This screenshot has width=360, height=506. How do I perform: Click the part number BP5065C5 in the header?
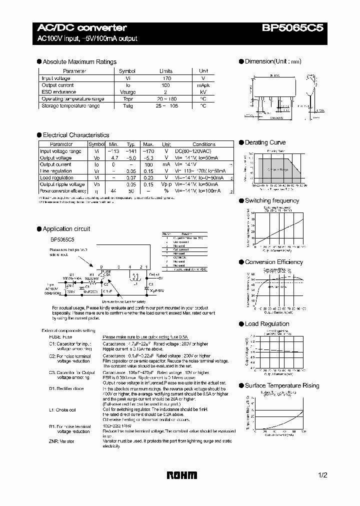(293, 28)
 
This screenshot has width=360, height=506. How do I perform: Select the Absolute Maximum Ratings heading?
(79, 62)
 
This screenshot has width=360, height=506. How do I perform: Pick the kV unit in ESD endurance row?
(203, 92)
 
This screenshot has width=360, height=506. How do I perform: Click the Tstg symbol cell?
(127, 106)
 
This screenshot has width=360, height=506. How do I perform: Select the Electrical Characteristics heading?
(75, 135)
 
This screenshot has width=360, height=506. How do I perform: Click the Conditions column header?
(203, 144)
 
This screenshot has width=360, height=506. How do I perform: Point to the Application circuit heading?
(66, 229)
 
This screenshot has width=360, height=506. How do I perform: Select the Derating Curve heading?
(265, 142)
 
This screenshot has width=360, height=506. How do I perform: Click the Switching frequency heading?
(271, 200)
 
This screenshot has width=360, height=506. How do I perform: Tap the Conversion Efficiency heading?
(273, 262)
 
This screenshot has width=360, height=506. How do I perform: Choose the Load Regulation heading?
(267, 324)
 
